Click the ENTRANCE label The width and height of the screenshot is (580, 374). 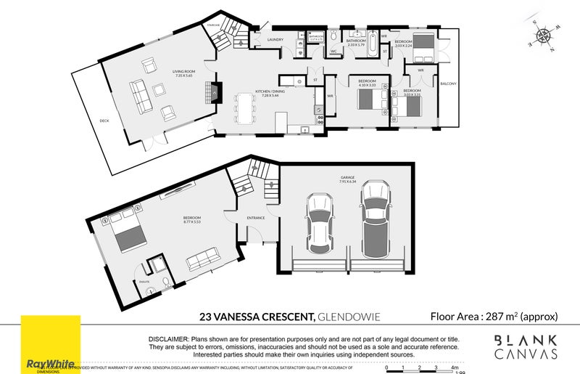[x=256, y=218]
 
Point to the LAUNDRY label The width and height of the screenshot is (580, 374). [x=275, y=40]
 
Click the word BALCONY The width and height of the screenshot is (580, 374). [x=449, y=84]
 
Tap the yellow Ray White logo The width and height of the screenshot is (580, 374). [x=50, y=341]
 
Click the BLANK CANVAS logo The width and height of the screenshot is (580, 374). [x=526, y=347]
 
